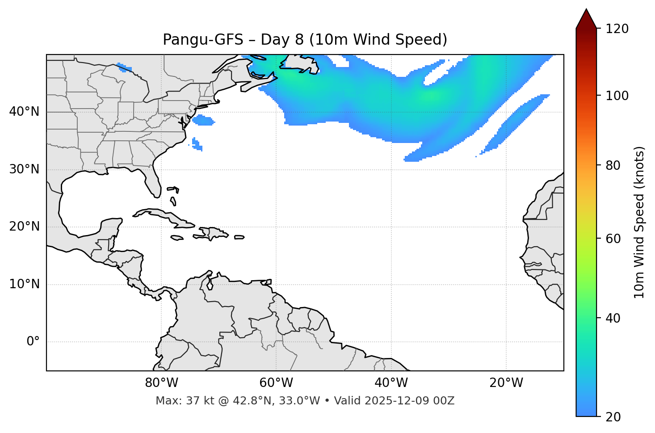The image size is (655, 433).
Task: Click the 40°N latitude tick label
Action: [x=24, y=112]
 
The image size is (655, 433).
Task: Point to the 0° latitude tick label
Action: [x=33, y=342]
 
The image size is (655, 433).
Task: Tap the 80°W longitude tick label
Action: [x=161, y=383]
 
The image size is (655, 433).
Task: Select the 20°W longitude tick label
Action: [x=506, y=383]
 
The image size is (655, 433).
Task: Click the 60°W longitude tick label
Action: [x=276, y=383]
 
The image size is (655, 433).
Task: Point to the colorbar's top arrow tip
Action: [x=586, y=9]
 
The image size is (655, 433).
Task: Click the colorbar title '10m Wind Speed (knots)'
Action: [x=639, y=222]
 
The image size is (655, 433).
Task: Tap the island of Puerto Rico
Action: [x=239, y=237]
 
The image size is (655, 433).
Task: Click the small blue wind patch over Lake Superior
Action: [x=124, y=68]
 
